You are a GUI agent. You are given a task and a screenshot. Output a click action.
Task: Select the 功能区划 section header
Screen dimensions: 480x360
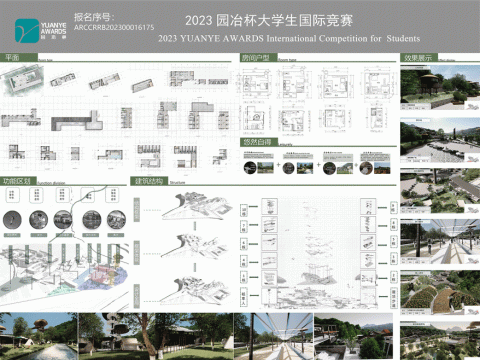pyautogui.click(x=19, y=182)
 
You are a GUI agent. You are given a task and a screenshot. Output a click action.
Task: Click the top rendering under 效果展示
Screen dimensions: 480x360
pyautogui.click(x=437, y=90)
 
